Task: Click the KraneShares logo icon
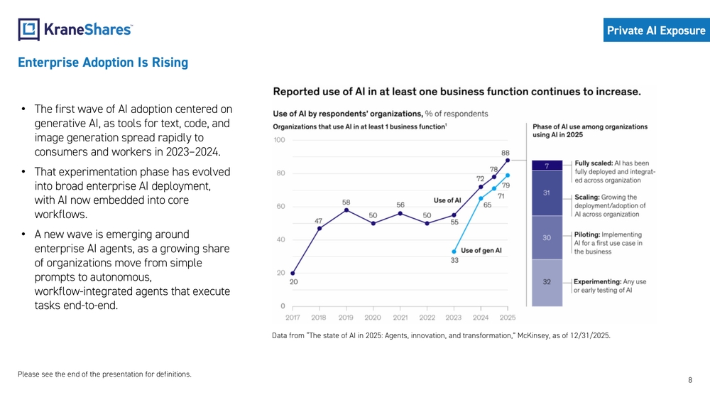pyautogui.click(x=28, y=29)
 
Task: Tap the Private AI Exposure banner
pyautogui.click(x=656, y=31)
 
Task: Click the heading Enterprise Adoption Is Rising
pyautogui.click(x=103, y=63)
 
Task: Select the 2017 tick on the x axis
pyautogui.click(x=293, y=318)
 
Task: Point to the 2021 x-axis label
pyautogui.click(x=400, y=318)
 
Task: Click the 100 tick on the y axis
pyautogui.click(x=279, y=139)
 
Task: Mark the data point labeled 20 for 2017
pyautogui.click(x=293, y=273)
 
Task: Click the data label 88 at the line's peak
pyautogui.click(x=505, y=152)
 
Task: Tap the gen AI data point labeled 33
pyautogui.click(x=454, y=252)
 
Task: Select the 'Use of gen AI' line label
pyautogui.click(x=481, y=250)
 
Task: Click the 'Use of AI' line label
pyautogui.click(x=447, y=200)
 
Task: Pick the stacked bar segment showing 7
pyautogui.click(x=547, y=166)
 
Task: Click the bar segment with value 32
pyautogui.click(x=547, y=282)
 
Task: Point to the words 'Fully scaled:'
pyautogui.click(x=593, y=163)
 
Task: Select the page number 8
pyautogui.click(x=690, y=380)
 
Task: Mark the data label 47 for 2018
pyautogui.click(x=319, y=220)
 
